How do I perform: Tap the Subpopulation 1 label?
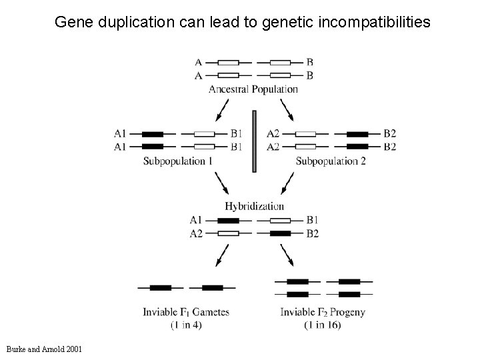click(x=178, y=161)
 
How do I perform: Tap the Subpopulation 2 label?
click(x=330, y=161)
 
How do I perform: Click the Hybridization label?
click(x=254, y=207)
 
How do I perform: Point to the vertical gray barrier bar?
click(x=254, y=141)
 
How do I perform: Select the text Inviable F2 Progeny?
click(x=323, y=312)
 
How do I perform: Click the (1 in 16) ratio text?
click(x=323, y=325)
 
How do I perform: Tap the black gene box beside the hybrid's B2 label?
click(x=280, y=234)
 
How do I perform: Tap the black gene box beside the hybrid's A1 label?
click(x=228, y=220)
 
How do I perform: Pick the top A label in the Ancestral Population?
click(x=198, y=62)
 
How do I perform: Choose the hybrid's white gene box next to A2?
click(x=228, y=234)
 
